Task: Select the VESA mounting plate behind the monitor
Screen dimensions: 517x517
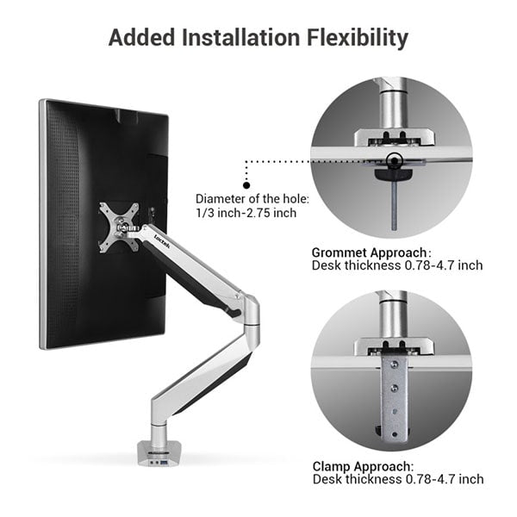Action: pyautogui.click(x=118, y=226)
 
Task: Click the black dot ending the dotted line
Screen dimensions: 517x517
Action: pyautogui.click(x=246, y=184)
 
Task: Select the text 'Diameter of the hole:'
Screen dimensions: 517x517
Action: pyautogui.click(x=252, y=198)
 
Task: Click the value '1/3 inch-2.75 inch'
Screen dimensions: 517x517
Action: pyautogui.click(x=246, y=212)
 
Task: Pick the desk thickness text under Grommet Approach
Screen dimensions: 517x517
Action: pyautogui.click(x=397, y=265)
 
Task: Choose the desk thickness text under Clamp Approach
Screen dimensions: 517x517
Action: pyautogui.click(x=397, y=479)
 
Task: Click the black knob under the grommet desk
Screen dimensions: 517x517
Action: pyautogui.click(x=393, y=174)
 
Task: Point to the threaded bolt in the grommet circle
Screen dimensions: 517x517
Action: pyautogui.click(x=394, y=207)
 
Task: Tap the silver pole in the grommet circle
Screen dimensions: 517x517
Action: pyautogui.click(x=393, y=108)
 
